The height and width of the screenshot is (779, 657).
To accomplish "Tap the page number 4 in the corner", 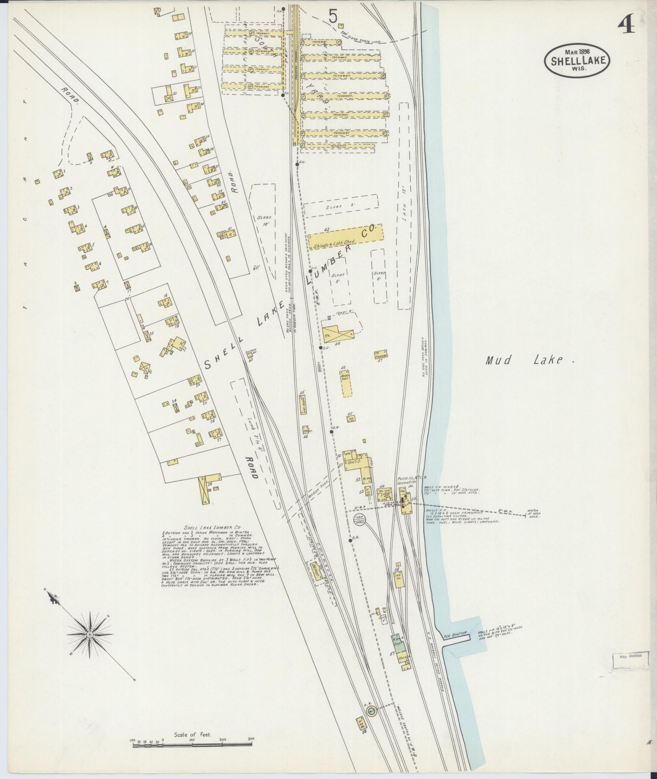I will pos(626,26).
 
